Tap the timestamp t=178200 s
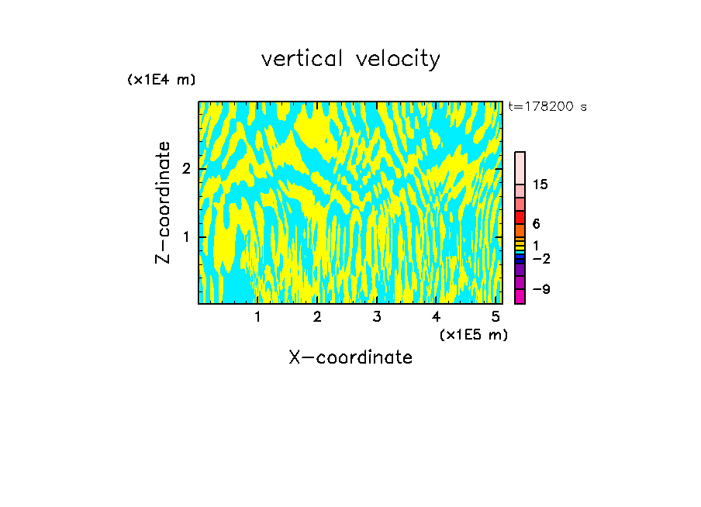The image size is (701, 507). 547,106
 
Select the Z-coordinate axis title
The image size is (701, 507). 163,202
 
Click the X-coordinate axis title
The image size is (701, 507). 350,357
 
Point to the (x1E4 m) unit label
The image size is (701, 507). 161,80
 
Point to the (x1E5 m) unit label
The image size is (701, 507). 473,334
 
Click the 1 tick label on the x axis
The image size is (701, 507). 257,316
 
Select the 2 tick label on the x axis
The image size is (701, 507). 317,316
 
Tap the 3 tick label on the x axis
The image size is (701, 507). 376,316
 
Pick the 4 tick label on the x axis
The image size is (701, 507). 436,316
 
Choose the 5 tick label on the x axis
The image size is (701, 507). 495,316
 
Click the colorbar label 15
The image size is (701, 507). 540,185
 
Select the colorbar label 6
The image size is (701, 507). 536,224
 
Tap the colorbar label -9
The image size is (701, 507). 540,289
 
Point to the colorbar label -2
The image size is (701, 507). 540,258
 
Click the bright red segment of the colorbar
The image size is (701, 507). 520,217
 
